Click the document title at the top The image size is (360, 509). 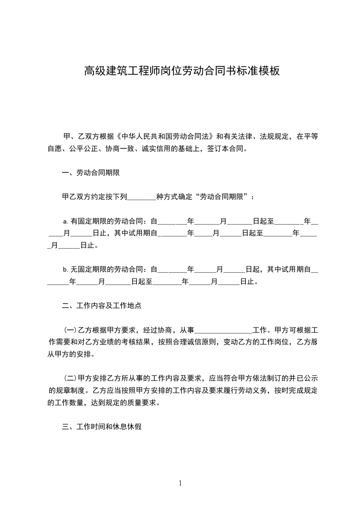[x=181, y=71]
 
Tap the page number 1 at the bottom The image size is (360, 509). [x=180, y=483]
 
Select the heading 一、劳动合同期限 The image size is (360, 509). [x=91, y=173]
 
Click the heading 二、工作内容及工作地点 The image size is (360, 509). [x=102, y=306]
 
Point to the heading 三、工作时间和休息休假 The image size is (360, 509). [x=102, y=427]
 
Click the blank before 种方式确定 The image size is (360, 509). [x=142, y=197]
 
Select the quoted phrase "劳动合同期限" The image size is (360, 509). [x=222, y=197]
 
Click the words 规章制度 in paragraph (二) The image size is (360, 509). [x=69, y=390]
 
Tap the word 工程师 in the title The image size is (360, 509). [x=149, y=71]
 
